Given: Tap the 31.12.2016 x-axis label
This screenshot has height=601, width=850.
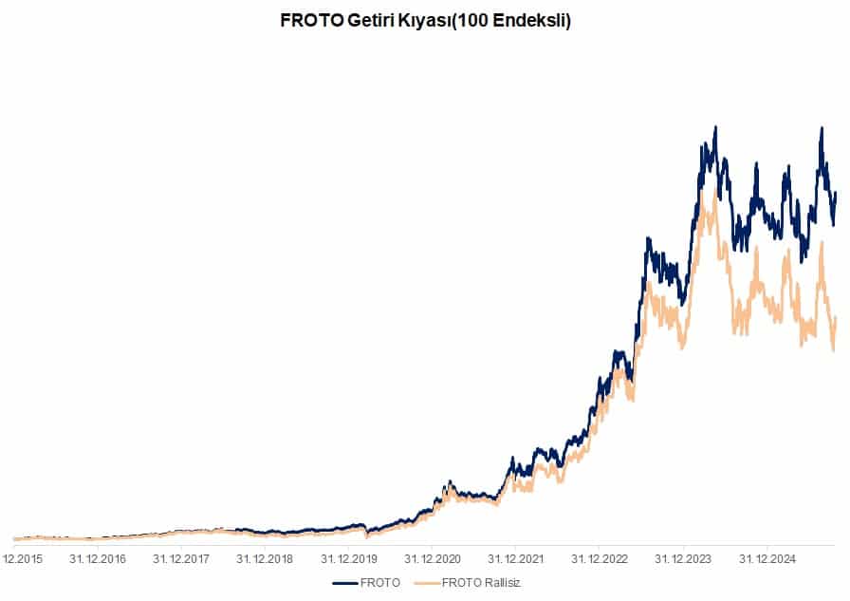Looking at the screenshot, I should pyautogui.click(x=99, y=558).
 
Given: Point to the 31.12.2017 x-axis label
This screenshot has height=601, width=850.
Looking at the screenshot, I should pyautogui.click(x=181, y=558).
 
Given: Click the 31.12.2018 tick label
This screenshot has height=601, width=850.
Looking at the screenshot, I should pyautogui.click(x=265, y=558).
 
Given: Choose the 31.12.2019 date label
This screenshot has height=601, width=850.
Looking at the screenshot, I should pyautogui.click(x=347, y=558).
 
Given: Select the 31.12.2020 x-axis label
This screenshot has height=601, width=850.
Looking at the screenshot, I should pyautogui.click(x=431, y=558).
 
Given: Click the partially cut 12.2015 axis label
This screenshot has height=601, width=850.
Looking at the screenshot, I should pyautogui.click(x=22, y=558).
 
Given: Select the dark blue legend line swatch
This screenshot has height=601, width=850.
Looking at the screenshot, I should pyautogui.click(x=345, y=582).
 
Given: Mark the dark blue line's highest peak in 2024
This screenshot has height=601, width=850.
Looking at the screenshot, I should pyautogui.click(x=715, y=127).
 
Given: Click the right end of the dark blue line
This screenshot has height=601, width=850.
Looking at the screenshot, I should pyautogui.click(x=836, y=193).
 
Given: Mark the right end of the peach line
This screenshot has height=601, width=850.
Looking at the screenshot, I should pyautogui.click(x=836, y=318).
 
